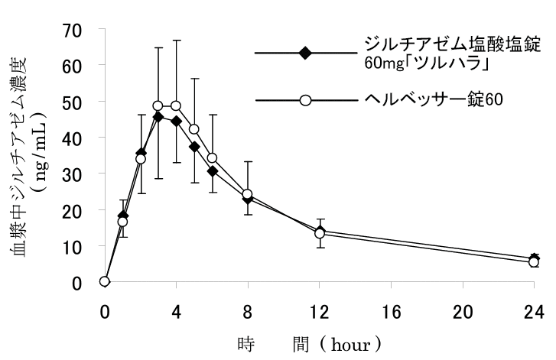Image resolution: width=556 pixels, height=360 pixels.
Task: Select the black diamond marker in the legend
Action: tap(305, 53)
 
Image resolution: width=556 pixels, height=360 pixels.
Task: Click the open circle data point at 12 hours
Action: tap(320, 233)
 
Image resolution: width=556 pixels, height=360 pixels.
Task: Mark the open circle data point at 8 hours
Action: tap(248, 195)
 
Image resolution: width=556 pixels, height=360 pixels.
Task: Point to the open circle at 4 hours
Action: tap(176, 106)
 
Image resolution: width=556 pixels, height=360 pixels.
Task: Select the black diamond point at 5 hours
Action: tap(194, 147)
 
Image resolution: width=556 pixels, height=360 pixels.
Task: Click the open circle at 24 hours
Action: tap(535, 262)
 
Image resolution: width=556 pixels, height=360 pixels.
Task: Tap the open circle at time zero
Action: tap(105, 281)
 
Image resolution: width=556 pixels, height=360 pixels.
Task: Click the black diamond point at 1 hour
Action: tap(123, 216)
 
